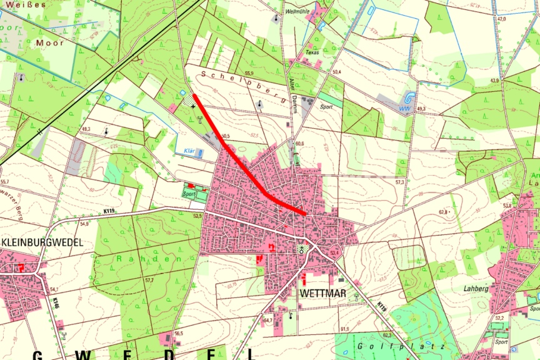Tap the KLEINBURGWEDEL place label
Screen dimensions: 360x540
click(x=43, y=242)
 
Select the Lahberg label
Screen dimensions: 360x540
click(x=477, y=289)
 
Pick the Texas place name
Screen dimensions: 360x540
click(x=312, y=53)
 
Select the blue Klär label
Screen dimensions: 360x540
click(x=190, y=151)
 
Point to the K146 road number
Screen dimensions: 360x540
click(x=56, y=303)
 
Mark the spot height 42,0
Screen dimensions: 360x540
click(x=501, y=19)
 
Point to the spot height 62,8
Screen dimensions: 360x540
click(x=444, y=212)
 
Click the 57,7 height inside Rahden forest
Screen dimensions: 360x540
click(x=149, y=281)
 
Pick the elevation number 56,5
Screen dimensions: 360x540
click(x=179, y=334)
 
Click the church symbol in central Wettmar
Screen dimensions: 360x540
click(x=302, y=248)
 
